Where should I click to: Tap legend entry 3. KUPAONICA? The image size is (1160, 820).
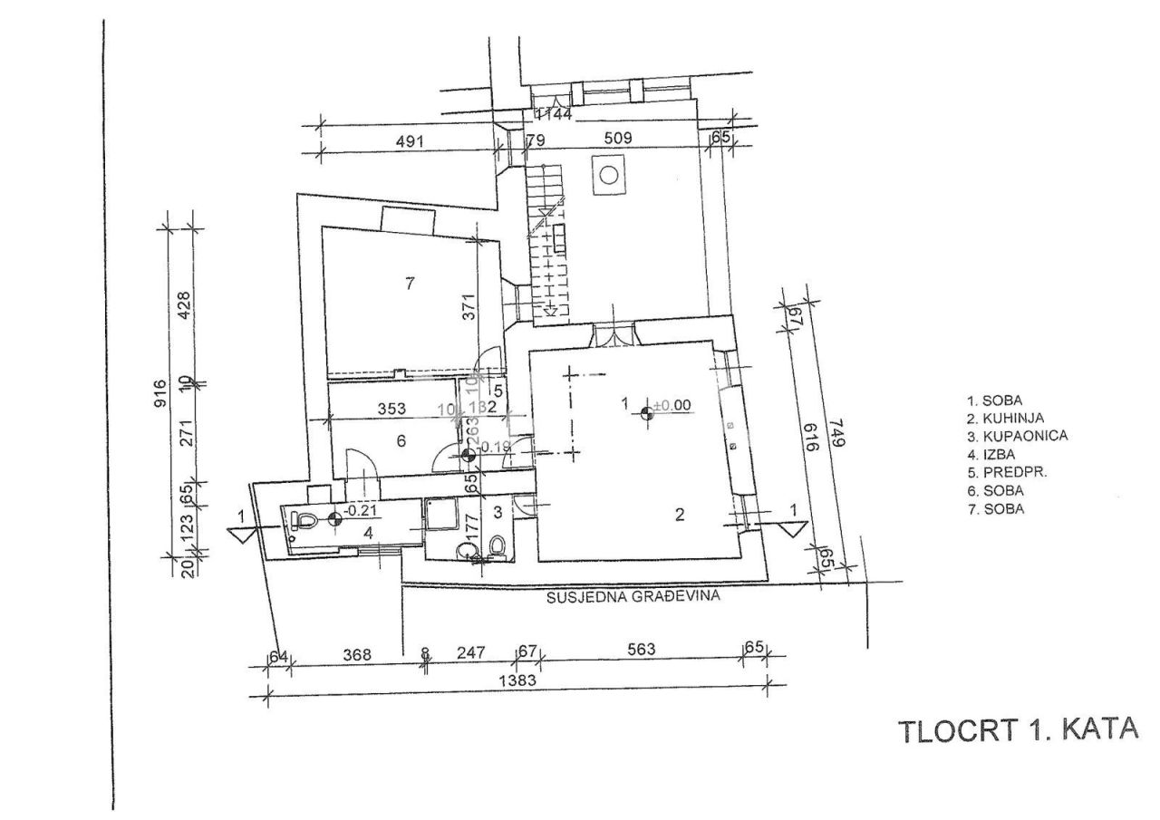tap(1016, 436)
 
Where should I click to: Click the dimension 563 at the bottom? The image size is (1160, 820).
tap(641, 650)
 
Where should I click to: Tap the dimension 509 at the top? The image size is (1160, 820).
tap(622, 139)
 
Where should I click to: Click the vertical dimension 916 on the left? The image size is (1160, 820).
tap(160, 392)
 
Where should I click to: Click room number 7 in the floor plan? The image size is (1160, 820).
tap(410, 284)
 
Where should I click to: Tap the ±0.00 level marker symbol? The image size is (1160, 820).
tap(646, 413)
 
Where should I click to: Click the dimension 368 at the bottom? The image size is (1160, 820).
tap(355, 651)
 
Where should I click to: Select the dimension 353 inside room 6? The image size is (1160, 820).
tap(391, 409)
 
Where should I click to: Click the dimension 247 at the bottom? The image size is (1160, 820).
tap(472, 651)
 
